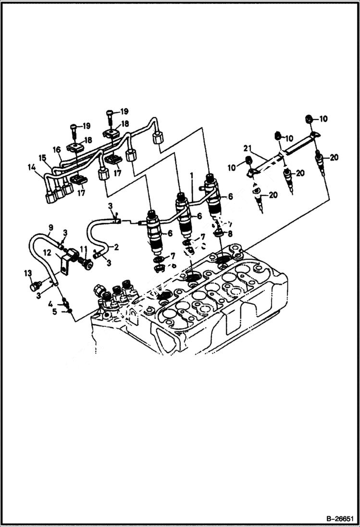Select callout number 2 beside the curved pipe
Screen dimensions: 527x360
pos(116,247)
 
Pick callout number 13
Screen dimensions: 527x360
pos(27,273)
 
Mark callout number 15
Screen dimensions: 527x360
pos(42,158)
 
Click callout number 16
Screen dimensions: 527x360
pos(56,150)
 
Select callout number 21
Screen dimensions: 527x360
pos(247,147)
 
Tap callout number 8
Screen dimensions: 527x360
pos(230,234)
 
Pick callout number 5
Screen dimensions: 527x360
pos(55,312)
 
